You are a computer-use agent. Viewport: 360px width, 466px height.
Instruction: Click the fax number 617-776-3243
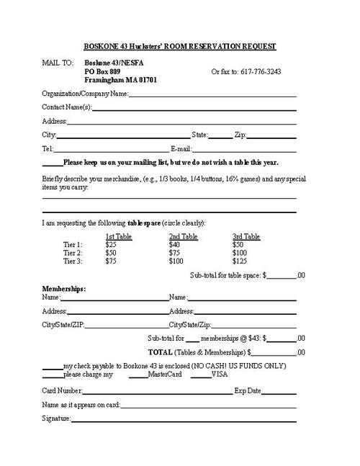[257, 72]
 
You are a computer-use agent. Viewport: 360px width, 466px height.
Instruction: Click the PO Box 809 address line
[104, 72]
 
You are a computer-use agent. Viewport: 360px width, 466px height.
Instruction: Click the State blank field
[221, 135]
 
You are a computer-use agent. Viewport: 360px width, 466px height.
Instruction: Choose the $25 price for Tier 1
[111, 245]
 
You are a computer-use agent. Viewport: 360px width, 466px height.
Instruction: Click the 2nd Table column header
[183, 236]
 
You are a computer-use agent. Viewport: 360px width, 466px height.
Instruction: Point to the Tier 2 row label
[73, 254]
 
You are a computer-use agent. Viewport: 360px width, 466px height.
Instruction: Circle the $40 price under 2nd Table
[174, 245]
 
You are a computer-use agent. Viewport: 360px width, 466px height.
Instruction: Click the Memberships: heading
[64, 289]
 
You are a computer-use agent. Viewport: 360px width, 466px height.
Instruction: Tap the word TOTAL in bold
[160, 353]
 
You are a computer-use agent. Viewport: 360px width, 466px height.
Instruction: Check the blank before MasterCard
[138, 375]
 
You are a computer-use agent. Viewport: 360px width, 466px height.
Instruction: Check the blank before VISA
[201, 375]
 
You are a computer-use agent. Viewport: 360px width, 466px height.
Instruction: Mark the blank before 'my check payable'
[53, 367]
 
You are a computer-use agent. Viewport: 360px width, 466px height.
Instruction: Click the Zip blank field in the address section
[272, 135]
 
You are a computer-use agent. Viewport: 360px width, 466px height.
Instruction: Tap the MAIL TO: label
[58, 63]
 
